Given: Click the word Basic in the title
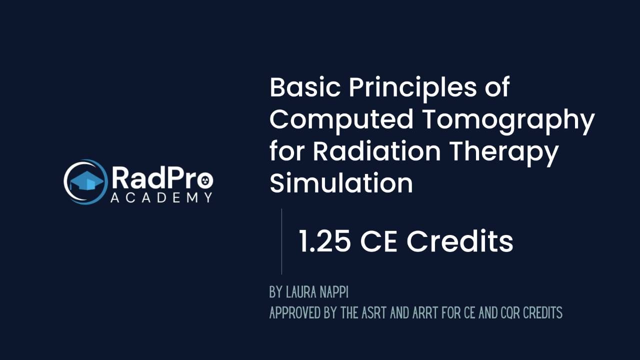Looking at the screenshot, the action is click(x=305, y=87).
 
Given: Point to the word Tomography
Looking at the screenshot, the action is click(x=508, y=121).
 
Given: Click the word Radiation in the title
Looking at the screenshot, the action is click(x=377, y=151).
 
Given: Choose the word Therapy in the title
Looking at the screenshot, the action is click(x=504, y=153).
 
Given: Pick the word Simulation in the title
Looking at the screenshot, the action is click(x=341, y=182).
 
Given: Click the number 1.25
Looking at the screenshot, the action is click(x=324, y=241).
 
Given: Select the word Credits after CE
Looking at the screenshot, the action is click(x=459, y=241).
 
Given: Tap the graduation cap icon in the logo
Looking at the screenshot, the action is click(x=87, y=180).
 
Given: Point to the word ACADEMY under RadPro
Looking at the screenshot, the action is click(x=161, y=197).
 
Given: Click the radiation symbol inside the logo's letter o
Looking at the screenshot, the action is click(x=205, y=180).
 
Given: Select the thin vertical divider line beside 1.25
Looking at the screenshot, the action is click(x=281, y=241).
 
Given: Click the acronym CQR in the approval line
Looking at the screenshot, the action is click(x=510, y=312).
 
